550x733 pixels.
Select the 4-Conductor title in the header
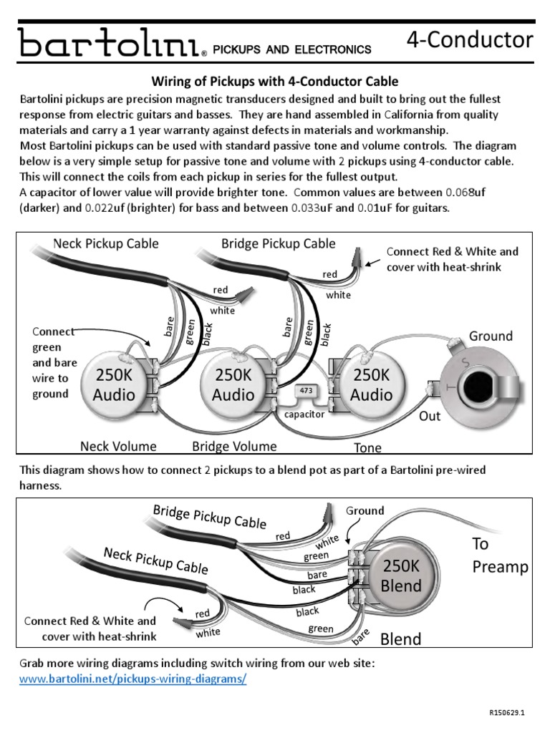click(x=469, y=39)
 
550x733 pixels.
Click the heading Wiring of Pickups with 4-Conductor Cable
click(x=273, y=82)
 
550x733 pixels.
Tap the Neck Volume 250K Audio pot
click(x=115, y=384)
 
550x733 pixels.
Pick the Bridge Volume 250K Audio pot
click(x=233, y=384)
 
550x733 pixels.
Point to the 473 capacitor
click(x=305, y=392)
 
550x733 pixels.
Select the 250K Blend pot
click(x=401, y=576)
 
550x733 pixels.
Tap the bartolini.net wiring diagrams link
click(x=132, y=678)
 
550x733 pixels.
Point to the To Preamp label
click(x=499, y=555)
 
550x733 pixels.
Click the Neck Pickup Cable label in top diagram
click(x=106, y=243)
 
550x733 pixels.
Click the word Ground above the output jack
click(x=491, y=336)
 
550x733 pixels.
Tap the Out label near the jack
click(x=430, y=415)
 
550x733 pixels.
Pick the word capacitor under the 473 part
click(x=304, y=414)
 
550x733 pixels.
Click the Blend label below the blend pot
click(x=401, y=639)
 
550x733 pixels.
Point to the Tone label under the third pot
click(x=367, y=448)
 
